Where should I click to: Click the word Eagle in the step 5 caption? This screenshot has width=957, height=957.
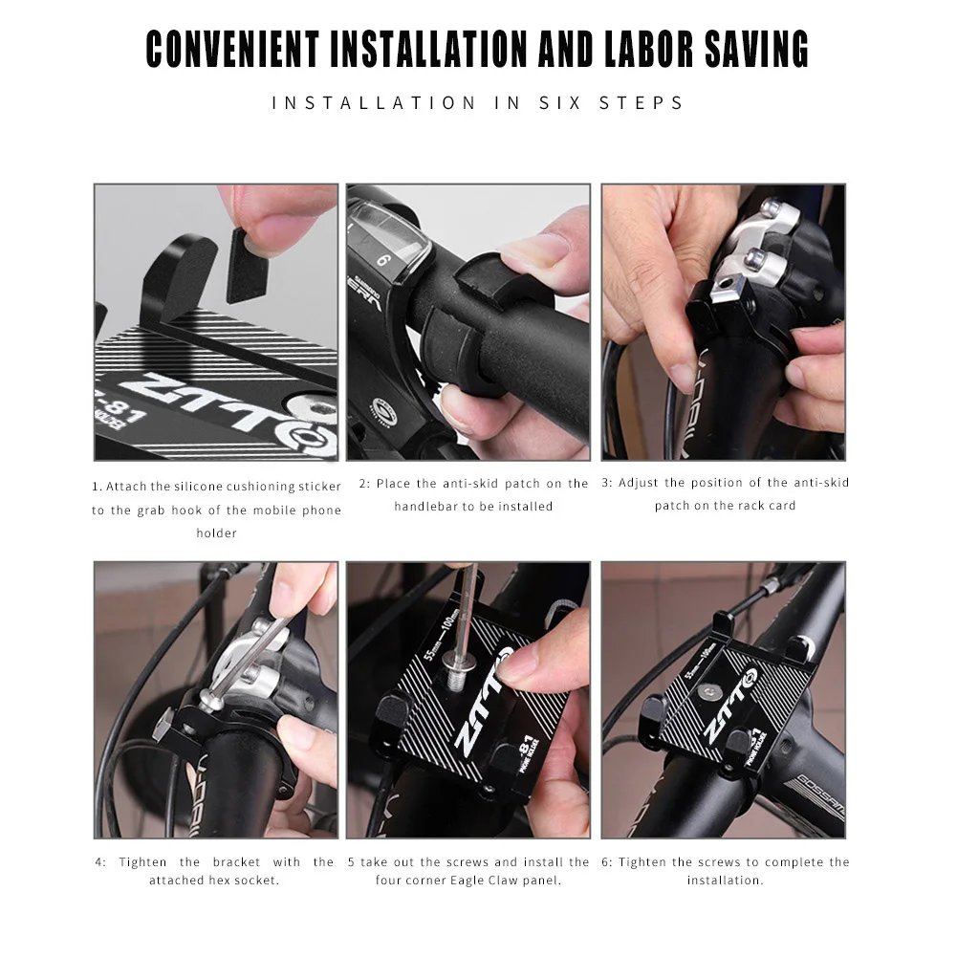(x=469, y=880)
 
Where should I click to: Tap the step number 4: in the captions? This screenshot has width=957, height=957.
(x=100, y=862)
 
